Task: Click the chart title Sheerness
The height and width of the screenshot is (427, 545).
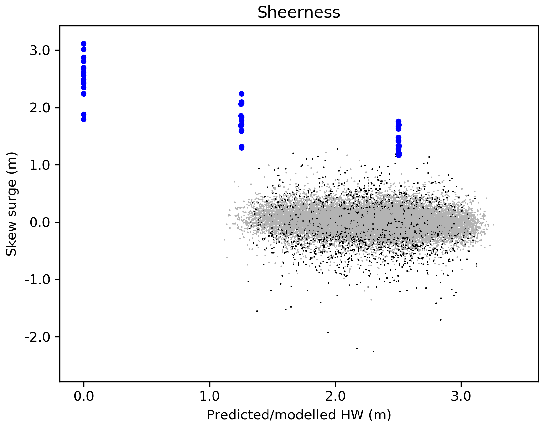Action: [299, 13]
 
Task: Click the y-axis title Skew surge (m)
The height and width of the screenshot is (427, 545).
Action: [12, 204]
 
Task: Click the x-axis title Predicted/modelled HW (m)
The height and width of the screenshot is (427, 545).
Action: [299, 415]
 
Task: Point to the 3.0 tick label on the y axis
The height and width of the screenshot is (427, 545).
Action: [40, 50]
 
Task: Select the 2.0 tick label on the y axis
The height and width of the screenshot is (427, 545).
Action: [40, 108]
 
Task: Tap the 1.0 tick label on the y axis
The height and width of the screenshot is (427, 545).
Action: [40, 165]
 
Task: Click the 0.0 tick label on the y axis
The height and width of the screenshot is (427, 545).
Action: [40, 222]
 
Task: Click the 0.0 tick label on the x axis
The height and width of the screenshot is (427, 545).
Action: [84, 397]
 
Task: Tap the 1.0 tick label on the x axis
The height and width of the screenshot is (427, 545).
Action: [210, 397]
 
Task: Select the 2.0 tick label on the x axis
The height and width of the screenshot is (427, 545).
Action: [335, 397]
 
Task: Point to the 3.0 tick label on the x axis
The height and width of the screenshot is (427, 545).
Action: [461, 397]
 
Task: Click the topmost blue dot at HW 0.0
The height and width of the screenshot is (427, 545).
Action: [84, 44]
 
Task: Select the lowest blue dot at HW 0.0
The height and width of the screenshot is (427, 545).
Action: [84, 119]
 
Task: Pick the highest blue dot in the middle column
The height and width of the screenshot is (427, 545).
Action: [241, 94]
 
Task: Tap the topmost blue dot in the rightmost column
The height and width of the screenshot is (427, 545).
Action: [399, 121]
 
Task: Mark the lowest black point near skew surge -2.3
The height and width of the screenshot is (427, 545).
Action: [373, 352]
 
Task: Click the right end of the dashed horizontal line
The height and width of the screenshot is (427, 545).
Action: [524, 192]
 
